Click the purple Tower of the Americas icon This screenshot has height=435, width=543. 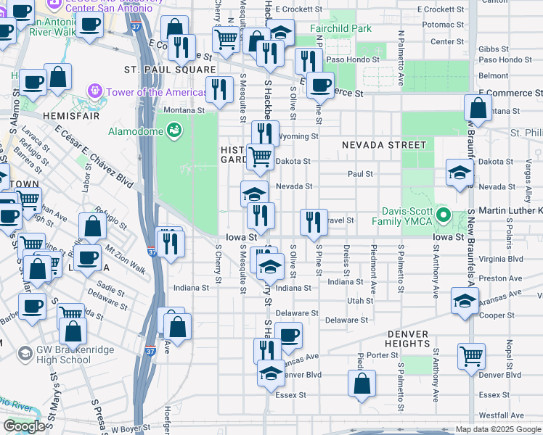tap(94, 92)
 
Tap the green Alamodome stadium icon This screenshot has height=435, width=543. tap(174, 130)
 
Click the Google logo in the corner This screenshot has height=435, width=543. tap(24, 426)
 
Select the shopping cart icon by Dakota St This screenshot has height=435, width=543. tap(260, 155)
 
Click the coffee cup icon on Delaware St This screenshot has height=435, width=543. tap(288, 335)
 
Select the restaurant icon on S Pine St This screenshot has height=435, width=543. tap(314, 223)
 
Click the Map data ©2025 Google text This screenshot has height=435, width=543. tap(498, 429)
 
